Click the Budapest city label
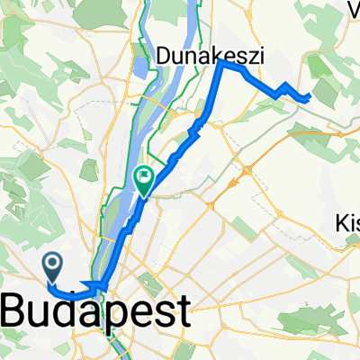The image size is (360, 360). [x=98, y=312]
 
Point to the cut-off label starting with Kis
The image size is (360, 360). [x=347, y=222]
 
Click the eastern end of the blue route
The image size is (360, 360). [x=310, y=94]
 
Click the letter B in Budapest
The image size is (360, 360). [x=20, y=312]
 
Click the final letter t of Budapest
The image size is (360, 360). [x=183, y=312]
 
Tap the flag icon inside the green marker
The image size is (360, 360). [x=143, y=177]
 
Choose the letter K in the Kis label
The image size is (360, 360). [x=342, y=222]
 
